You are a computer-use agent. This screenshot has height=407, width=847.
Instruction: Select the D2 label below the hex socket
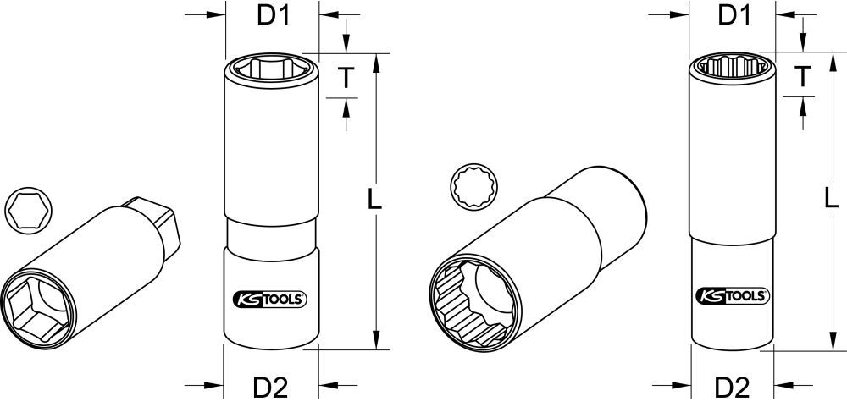click(270, 388)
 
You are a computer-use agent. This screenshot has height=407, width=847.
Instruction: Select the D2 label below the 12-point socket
click(733, 388)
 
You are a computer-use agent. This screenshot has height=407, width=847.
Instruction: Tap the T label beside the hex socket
click(346, 77)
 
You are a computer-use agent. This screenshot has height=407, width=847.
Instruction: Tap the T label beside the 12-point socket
click(803, 77)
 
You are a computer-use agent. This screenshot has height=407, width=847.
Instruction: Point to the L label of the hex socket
click(376, 200)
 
